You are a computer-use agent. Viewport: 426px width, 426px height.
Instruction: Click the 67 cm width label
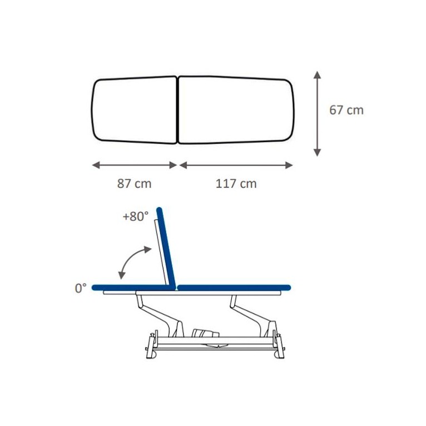346,110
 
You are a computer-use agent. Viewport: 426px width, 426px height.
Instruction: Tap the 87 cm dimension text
134,184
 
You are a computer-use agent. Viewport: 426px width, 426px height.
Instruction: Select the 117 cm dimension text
236,184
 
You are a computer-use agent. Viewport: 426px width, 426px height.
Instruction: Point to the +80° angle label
136,216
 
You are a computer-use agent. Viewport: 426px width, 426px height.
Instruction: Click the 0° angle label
81,288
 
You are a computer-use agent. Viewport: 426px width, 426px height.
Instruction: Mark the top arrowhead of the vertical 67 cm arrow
317,75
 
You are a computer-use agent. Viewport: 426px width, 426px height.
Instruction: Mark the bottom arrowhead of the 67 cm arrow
317,153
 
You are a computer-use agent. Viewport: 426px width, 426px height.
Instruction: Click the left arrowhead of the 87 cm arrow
96,165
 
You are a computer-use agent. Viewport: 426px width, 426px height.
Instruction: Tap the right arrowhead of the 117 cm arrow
289,165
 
